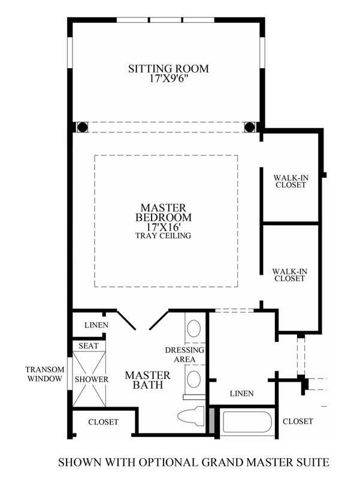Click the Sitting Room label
tap(168, 68)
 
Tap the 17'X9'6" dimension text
tap(168, 78)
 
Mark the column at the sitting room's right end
tap(250, 127)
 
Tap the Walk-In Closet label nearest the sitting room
tap(290, 181)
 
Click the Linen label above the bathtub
tap(241, 393)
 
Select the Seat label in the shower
tap(89, 346)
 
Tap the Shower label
tap(91, 379)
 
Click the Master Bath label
tap(147, 380)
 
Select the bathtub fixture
tap(247, 424)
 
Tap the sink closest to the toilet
tap(193, 378)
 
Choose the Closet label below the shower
tap(103, 422)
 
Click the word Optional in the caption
tap(173, 462)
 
